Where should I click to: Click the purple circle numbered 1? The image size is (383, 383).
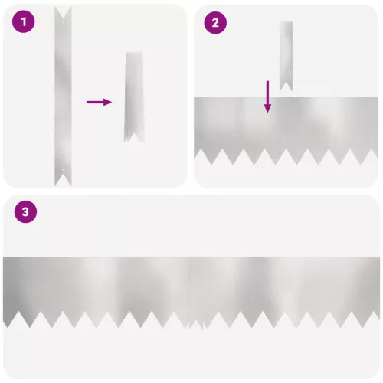(x=24, y=21)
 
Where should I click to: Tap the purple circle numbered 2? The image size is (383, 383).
(x=215, y=23)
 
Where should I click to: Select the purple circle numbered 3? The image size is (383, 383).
(x=25, y=212)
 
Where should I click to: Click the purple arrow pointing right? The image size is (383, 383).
(x=100, y=102)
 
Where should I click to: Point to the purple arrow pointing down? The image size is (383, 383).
(x=267, y=97)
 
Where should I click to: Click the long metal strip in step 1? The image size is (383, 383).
(x=63, y=97)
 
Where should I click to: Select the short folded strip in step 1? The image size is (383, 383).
(x=134, y=97)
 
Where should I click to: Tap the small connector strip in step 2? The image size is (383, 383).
(x=286, y=56)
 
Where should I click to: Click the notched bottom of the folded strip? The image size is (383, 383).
(x=134, y=136)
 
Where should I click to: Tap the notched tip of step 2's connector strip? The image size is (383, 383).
(x=286, y=85)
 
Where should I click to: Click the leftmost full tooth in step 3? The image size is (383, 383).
(x=30, y=319)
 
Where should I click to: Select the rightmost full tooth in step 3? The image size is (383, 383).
(x=363, y=319)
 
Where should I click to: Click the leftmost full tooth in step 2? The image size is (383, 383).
(x=211, y=156)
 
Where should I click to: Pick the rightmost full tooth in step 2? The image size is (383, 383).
(x=361, y=156)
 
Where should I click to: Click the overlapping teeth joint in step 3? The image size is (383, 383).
(x=196, y=322)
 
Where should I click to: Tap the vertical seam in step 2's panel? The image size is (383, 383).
(x=286, y=128)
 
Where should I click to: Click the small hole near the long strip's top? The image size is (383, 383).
(x=63, y=22)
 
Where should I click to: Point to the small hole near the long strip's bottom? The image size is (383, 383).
(x=63, y=169)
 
